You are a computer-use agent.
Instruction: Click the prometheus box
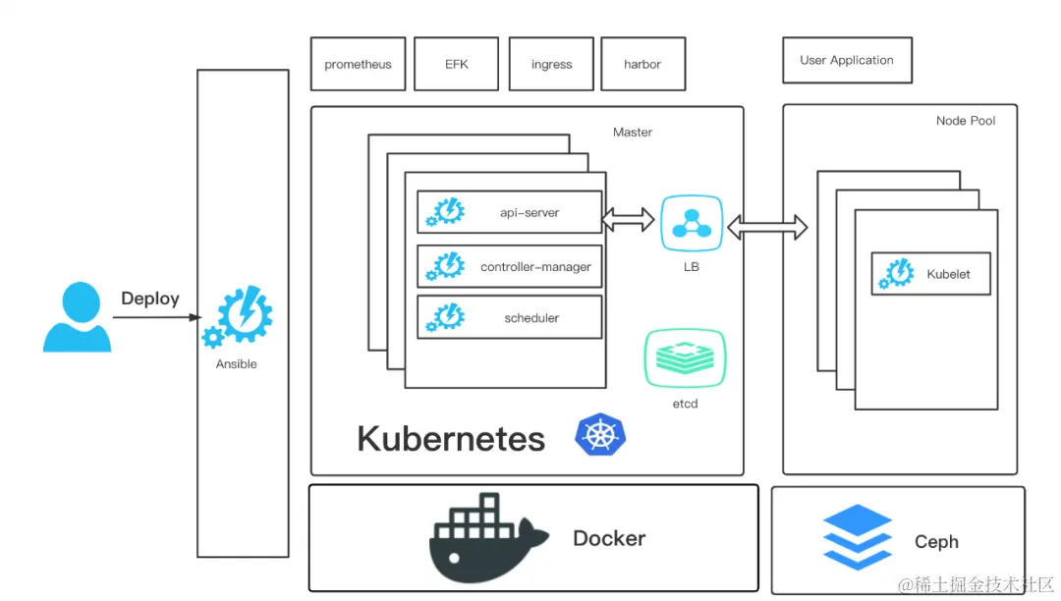click(358, 64)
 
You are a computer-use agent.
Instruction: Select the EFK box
click(456, 64)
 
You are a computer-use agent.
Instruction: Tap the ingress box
click(551, 64)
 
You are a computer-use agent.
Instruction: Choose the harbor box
click(642, 64)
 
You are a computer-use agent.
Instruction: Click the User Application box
click(847, 60)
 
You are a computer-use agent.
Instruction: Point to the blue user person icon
click(77, 317)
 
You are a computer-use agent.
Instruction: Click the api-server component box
click(509, 211)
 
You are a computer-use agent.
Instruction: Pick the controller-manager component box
click(509, 266)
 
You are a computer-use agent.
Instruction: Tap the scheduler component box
click(509, 317)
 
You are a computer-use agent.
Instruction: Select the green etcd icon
click(685, 358)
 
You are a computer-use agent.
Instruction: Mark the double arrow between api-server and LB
click(629, 219)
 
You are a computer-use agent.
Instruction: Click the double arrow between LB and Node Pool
click(767, 228)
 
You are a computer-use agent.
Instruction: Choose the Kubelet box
click(930, 274)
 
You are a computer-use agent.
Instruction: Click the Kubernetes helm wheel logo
click(600, 435)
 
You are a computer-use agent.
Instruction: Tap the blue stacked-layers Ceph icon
click(857, 536)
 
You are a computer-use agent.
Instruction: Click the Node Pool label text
click(965, 121)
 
